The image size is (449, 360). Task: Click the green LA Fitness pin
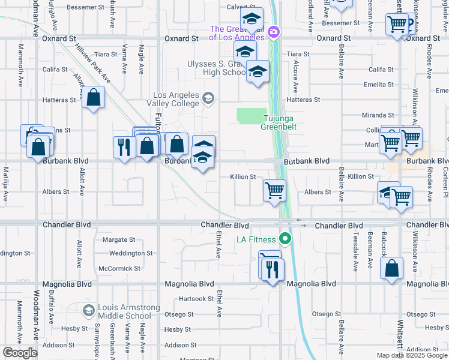click(x=286, y=240)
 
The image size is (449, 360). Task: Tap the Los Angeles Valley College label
click(x=175, y=99)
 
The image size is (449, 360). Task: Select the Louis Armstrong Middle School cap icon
click(x=89, y=310)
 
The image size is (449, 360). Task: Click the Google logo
click(x=19, y=353)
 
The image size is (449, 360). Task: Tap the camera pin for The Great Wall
click(x=274, y=32)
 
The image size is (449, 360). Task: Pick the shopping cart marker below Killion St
click(x=274, y=191)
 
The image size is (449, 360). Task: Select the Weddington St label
click(x=131, y=253)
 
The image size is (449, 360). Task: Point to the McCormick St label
click(x=119, y=268)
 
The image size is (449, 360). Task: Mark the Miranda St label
click(x=378, y=115)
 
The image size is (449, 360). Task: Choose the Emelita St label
click(x=378, y=85)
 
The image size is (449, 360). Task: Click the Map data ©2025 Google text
click(x=412, y=355)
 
